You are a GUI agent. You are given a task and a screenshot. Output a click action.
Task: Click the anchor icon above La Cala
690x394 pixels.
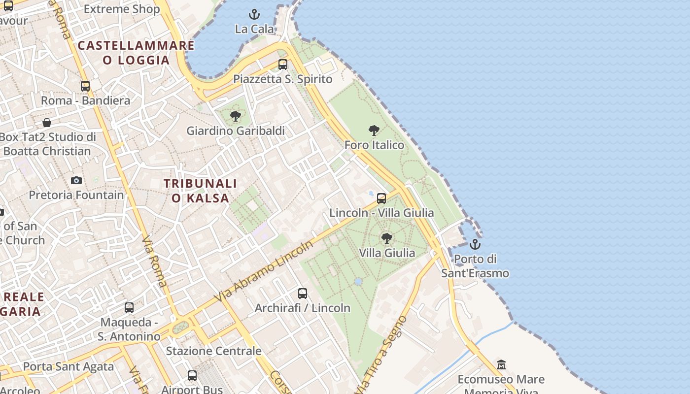254,14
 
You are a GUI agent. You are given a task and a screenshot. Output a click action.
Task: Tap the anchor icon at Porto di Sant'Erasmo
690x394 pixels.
475,244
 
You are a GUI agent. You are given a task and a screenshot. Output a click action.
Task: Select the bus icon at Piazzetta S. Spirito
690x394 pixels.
283,65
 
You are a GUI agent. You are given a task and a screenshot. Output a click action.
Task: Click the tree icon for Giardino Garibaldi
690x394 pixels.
236,116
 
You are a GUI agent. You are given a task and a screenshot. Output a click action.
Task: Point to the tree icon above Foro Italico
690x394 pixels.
374,131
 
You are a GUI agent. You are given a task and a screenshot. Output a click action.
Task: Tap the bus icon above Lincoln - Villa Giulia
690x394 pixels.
381,198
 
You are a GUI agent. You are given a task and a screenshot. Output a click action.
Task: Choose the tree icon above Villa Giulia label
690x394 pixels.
387,238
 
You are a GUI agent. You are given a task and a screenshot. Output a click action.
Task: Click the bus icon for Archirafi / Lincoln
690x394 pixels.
303,294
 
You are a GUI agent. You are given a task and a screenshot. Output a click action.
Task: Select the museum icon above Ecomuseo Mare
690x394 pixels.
501,365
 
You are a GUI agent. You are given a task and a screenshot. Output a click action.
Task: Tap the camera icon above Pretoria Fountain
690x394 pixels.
76,180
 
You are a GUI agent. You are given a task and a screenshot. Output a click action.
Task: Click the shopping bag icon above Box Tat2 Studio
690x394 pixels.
47,123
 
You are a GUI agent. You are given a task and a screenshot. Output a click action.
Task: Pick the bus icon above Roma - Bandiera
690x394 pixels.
85,86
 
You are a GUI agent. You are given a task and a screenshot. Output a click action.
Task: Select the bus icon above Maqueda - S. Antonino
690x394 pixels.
129,308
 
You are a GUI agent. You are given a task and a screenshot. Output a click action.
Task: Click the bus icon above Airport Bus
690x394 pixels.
192,376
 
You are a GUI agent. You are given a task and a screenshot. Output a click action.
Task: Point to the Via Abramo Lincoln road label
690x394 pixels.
264,271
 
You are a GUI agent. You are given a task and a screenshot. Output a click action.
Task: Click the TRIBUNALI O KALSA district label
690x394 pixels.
200,191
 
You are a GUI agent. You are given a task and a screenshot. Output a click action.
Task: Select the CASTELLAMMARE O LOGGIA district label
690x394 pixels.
136,53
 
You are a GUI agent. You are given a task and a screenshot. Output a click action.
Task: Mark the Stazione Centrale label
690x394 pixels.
213,351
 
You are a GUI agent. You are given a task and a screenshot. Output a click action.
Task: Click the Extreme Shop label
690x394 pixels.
122,9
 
